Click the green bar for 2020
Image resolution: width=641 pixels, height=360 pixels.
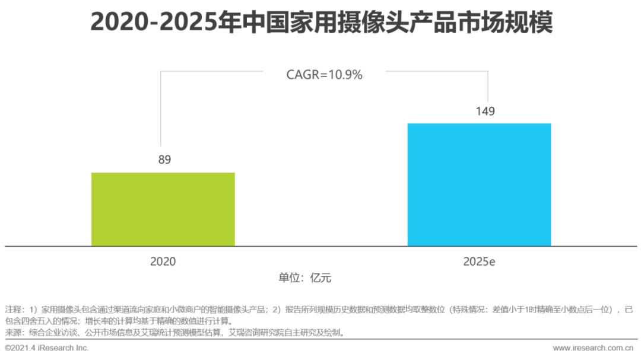pyautogui.click(x=163, y=209)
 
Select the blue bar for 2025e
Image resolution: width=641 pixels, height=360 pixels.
pyautogui.click(x=479, y=184)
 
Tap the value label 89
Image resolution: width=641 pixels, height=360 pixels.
pyautogui.click(x=164, y=160)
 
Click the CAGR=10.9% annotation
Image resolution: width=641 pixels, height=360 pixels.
pyautogui.click(x=324, y=75)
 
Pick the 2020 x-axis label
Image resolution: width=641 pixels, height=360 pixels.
pyautogui.click(x=163, y=262)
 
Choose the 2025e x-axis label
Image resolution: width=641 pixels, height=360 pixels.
pyautogui.click(x=480, y=262)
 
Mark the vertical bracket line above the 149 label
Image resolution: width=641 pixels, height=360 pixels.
pyautogui.click(x=488, y=86)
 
